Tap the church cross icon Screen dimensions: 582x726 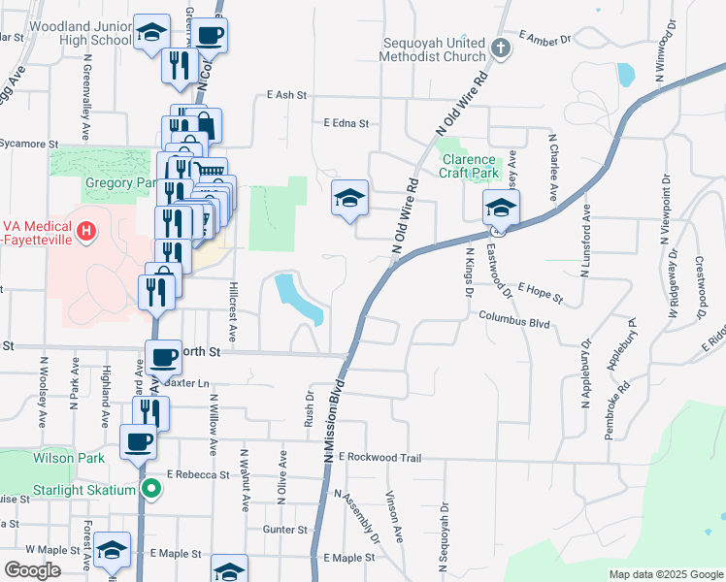point(500,48)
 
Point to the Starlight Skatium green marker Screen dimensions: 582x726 point(150,489)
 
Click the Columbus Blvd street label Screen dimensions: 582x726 point(514,320)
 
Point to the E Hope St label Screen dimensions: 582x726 point(542,288)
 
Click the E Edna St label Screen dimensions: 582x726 point(346,123)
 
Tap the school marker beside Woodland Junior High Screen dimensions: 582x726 point(150,33)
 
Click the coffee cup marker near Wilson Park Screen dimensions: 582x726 point(137,442)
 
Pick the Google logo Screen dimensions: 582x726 point(33,570)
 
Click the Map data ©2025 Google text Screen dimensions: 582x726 point(665,574)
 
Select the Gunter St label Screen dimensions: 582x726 point(284,530)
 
